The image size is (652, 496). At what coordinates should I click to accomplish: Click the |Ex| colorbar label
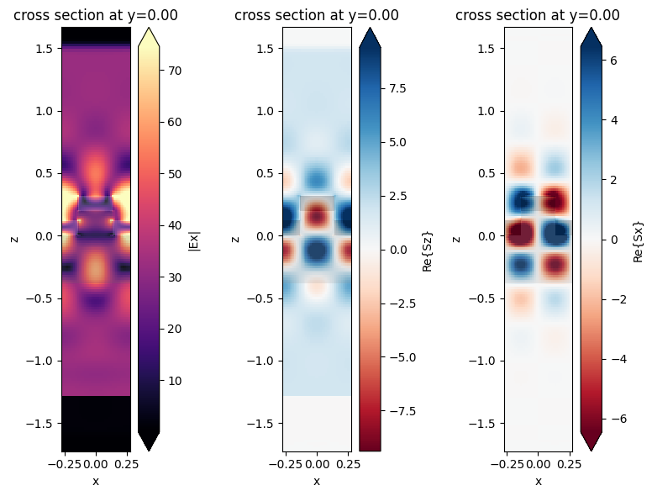(195, 239)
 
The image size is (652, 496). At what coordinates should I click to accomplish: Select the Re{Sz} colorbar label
(425, 239)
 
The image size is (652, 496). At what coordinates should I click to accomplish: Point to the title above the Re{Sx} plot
(538, 15)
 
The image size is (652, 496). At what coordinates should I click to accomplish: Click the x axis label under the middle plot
(317, 481)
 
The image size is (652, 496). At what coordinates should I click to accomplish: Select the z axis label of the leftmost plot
(14, 239)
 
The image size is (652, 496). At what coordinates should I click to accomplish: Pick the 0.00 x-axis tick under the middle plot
(317, 463)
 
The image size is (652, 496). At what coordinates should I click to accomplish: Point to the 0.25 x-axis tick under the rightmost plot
(570, 463)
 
